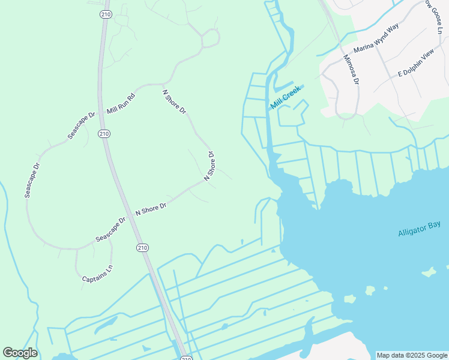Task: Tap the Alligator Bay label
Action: coord(419,229)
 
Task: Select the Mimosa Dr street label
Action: coord(351,70)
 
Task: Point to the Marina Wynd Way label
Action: coord(376,40)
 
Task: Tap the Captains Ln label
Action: coord(97,274)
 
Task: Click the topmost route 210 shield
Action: coord(105,14)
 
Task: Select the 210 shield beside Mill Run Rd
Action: coord(104,133)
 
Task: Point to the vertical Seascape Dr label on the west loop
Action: coord(32,181)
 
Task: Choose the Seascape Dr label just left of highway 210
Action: coord(110,229)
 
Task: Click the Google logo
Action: coord(20,353)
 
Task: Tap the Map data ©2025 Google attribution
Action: coord(412,355)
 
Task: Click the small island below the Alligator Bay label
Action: coord(429,272)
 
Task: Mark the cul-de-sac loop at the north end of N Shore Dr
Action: coord(211,38)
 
